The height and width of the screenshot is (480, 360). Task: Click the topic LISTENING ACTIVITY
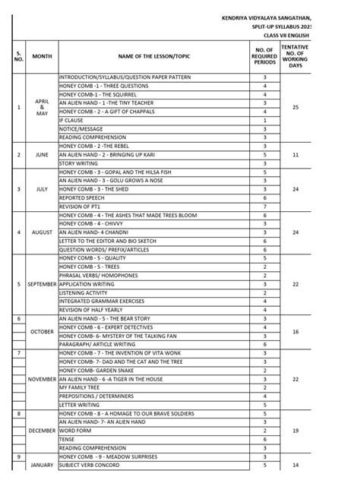pos(84,292)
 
